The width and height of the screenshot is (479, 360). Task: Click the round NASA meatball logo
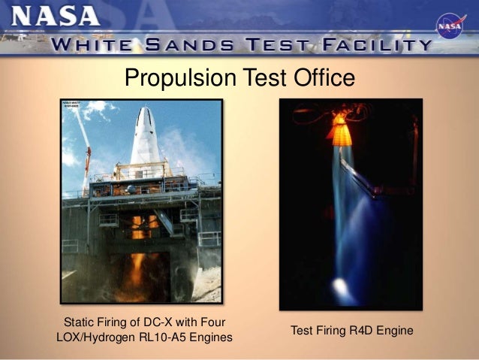pos(451,26)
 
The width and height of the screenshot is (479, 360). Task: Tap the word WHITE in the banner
pos(98,44)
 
